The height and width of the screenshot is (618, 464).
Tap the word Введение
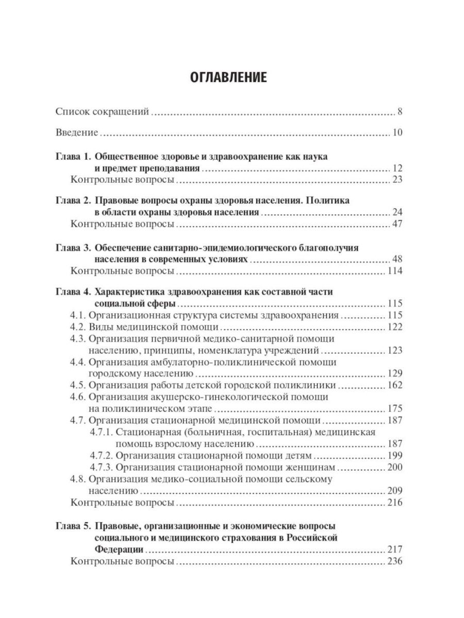tap(77, 133)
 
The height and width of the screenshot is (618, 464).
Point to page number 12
tap(396, 169)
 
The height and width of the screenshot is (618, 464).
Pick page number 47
tap(396, 225)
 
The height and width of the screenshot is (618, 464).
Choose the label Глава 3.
tap(72, 248)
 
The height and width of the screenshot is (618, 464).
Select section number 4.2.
tap(78, 328)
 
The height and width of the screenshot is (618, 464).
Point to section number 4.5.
tap(78, 385)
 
